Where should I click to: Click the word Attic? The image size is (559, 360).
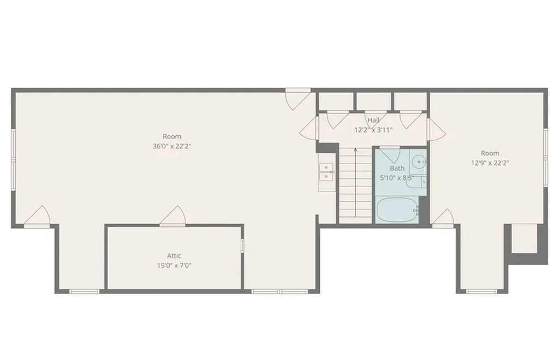tap(174, 256)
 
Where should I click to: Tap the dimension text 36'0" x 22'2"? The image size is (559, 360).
tap(172, 146)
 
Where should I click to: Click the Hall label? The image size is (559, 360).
tap(373, 121)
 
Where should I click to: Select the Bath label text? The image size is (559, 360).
tap(397, 169)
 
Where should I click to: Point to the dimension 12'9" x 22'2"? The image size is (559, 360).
tap(490, 163)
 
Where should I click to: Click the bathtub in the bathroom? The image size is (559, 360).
tap(397, 210)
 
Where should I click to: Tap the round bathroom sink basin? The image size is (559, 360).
tap(419, 161)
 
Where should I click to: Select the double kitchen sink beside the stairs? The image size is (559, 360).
tap(326, 172)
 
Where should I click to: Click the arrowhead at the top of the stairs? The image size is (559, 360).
tap(355, 149)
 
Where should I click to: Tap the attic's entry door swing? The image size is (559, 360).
tap(174, 215)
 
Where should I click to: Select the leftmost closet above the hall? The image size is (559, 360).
tap(336, 101)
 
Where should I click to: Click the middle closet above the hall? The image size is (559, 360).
tap(373, 101)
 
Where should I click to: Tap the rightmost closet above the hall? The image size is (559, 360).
tap(410, 101)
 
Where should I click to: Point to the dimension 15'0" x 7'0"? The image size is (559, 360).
tap(174, 266)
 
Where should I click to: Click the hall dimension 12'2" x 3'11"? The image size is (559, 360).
tap(373, 130)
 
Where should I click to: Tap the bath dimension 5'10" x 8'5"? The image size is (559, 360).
tap(397, 178)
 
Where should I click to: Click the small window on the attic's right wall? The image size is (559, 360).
tap(242, 245)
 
